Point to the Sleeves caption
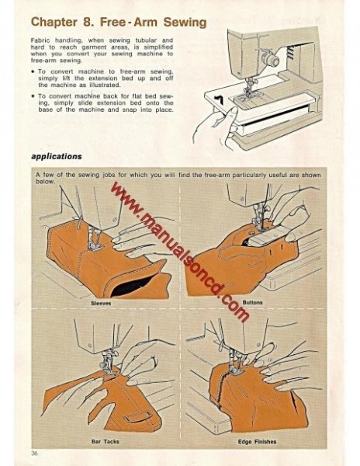[101, 303]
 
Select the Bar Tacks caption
[102, 441]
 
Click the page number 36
[35, 453]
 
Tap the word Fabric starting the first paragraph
[40, 39]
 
